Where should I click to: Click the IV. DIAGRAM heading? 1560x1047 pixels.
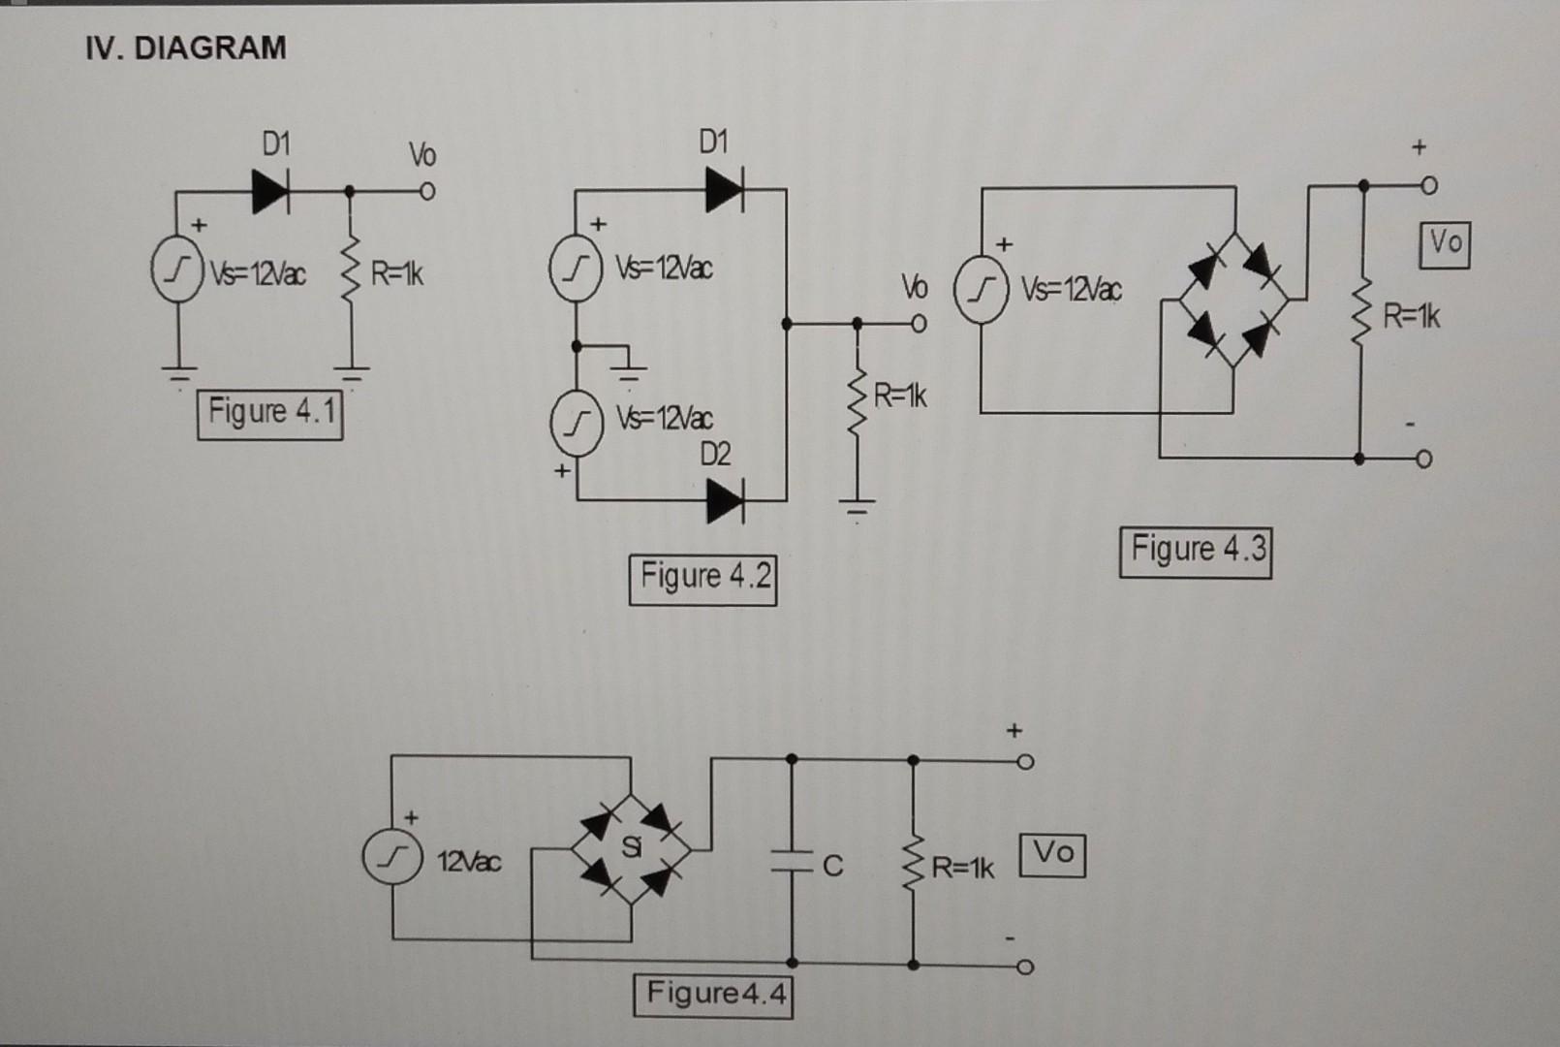coord(185,48)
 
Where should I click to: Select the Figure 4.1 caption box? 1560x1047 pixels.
coord(270,414)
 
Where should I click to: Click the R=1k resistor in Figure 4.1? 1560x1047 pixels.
coord(353,274)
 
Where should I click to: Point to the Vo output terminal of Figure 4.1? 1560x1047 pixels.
coord(426,192)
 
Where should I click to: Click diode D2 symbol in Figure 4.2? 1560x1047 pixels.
coord(725,501)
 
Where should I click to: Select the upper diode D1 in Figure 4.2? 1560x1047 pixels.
coord(725,189)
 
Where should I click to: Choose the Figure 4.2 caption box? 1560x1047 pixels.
coord(703,579)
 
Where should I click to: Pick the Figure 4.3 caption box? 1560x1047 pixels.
coord(1196,552)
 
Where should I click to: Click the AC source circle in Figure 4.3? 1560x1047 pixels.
coord(982,289)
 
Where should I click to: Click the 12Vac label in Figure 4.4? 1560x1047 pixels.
coord(470,861)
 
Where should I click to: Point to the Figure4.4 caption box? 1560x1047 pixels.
coord(713,995)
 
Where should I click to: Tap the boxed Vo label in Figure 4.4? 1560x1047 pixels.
coord(1052,854)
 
